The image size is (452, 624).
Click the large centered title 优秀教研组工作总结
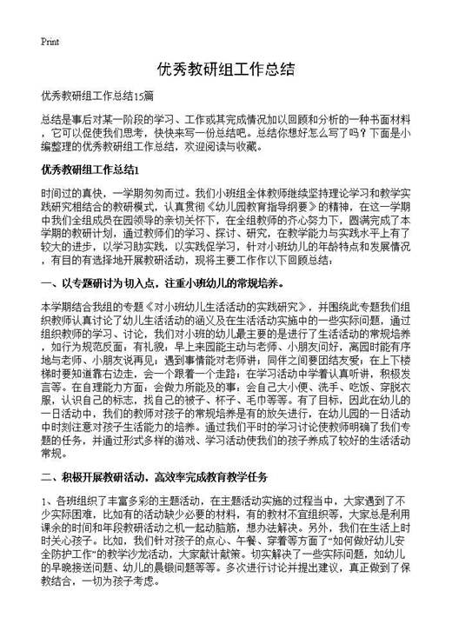pyautogui.click(x=225, y=70)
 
